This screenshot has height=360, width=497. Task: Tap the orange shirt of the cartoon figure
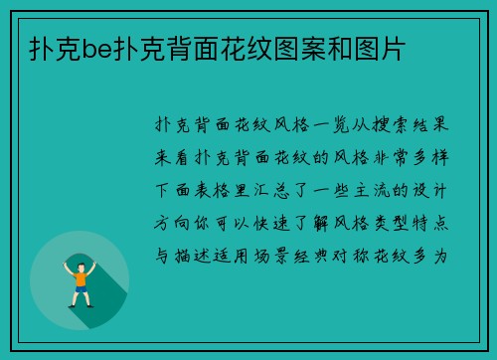(x=79, y=279)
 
